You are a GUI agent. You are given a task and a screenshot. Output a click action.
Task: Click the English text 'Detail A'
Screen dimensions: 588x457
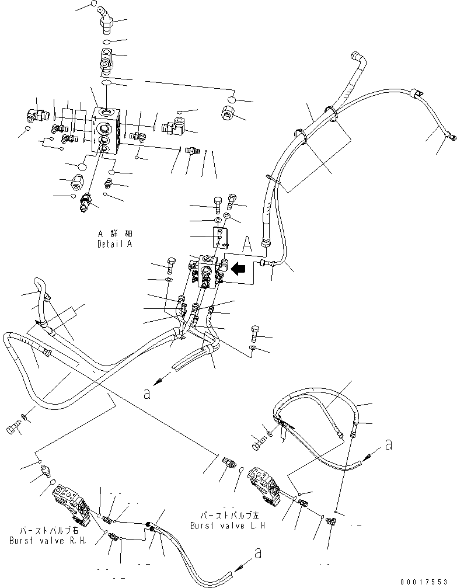click(114, 244)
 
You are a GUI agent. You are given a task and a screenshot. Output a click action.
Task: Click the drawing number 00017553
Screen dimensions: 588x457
click(428, 582)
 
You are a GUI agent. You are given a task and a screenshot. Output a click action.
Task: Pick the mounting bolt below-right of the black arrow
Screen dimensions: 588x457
click(255, 333)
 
